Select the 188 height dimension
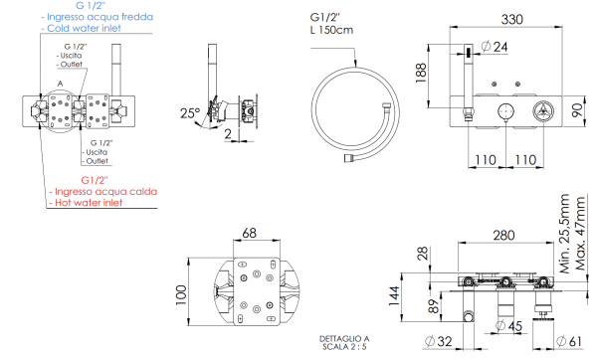click(x=421, y=73)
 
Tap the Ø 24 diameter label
click(x=494, y=47)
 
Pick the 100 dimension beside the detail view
click(x=180, y=295)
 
